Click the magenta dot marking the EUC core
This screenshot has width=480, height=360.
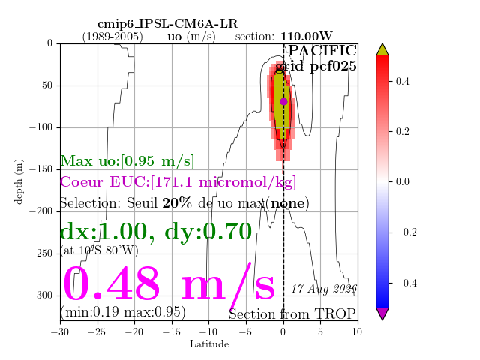coord(283,102)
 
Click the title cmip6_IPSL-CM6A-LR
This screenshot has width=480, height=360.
coord(168,24)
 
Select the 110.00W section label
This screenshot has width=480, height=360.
coord(307,37)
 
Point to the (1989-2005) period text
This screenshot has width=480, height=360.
coord(112,37)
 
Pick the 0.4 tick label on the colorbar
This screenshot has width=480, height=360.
coord(402,82)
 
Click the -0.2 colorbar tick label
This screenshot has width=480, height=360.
coord(406,232)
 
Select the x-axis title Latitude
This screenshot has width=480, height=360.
coord(209,344)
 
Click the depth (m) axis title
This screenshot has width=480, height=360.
coord(19,181)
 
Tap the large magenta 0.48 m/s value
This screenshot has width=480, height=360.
coord(169,284)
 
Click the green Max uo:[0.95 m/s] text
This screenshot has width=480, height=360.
coord(127,161)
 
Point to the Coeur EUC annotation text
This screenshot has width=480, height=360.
coord(178,182)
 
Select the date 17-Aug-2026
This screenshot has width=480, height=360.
coord(324,288)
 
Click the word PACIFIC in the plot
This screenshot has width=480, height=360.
coord(322,50)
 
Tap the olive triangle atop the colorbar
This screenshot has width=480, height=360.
coord(382,50)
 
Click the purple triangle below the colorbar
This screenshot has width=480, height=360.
coord(382,313)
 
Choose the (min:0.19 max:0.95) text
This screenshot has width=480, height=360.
coord(123,312)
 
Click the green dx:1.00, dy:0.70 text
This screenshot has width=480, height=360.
coord(156,232)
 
